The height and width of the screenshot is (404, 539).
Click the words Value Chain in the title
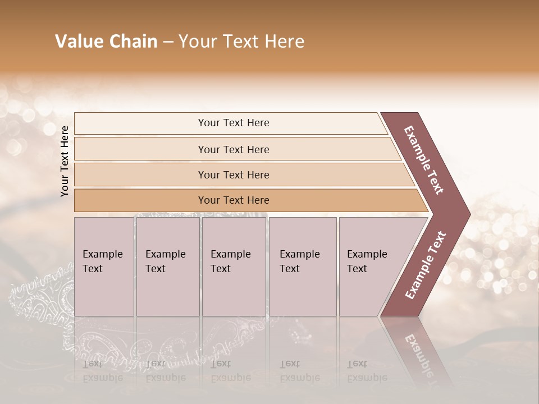(x=106, y=42)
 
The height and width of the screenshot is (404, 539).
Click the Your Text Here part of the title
(x=241, y=42)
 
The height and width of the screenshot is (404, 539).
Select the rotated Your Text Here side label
(x=65, y=161)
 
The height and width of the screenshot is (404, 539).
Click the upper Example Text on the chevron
(x=424, y=160)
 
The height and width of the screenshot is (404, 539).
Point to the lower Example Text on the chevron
(x=425, y=265)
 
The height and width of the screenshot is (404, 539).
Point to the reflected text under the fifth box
(x=367, y=371)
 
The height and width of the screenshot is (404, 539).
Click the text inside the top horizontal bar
(x=234, y=123)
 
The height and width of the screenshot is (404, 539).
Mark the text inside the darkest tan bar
(x=234, y=200)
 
